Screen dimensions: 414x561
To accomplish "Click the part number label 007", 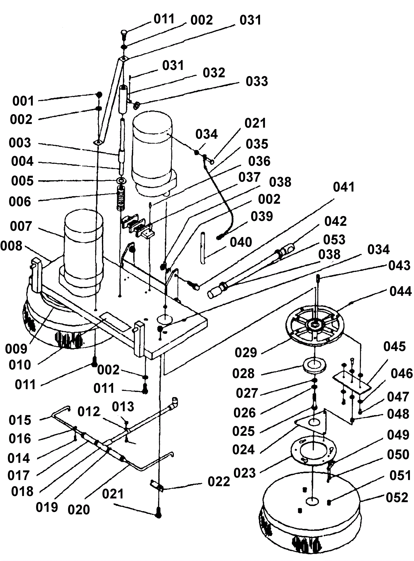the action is (x=21, y=226).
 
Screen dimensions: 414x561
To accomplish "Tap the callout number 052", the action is (x=397, y=498).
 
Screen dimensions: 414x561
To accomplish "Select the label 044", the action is (x=401, y=292).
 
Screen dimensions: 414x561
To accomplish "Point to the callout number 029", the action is (x=246, y=353).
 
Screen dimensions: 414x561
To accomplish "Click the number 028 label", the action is (x=243, y=374).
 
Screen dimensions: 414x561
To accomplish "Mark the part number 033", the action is (x=257, y=81).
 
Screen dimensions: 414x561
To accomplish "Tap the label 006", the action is (x=20, y=202).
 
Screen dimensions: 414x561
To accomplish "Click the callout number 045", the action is (x=394, y=346).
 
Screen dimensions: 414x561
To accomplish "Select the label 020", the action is (x=79, y=510).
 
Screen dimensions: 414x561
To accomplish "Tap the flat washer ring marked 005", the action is (x=121, y=180).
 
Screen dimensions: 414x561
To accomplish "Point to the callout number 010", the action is (x=20, y=365).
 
